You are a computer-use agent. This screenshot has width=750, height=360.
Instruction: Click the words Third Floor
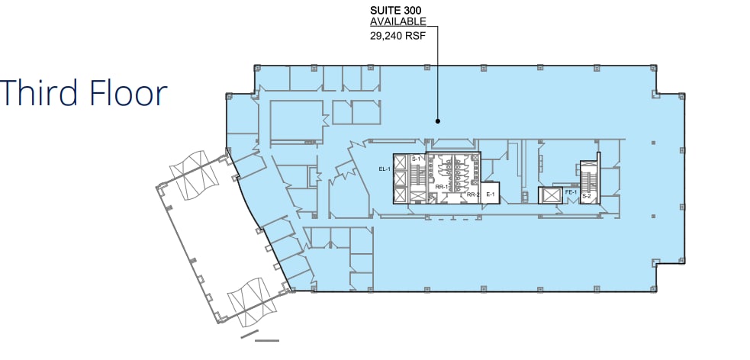[84, 93]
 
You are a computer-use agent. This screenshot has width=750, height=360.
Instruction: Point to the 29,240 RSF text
[397, 34]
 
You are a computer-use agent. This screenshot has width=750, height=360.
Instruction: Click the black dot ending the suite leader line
[437, 121]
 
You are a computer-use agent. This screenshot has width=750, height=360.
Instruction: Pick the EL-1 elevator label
[384, 169]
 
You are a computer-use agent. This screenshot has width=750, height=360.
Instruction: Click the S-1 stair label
[416, 159]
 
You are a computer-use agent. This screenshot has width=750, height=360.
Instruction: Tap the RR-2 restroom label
[472, 195]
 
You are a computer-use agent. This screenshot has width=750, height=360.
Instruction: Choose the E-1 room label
[491, 195]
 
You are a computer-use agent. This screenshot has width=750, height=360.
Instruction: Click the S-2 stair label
[587, 196]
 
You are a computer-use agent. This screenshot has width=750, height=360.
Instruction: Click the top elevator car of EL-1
[401, 162]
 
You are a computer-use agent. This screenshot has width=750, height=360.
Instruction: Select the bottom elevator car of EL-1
[401, 194]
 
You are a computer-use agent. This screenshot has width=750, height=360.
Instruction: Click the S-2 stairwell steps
[588, 179]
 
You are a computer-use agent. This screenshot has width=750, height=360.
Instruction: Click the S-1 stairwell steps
[417, 178]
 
